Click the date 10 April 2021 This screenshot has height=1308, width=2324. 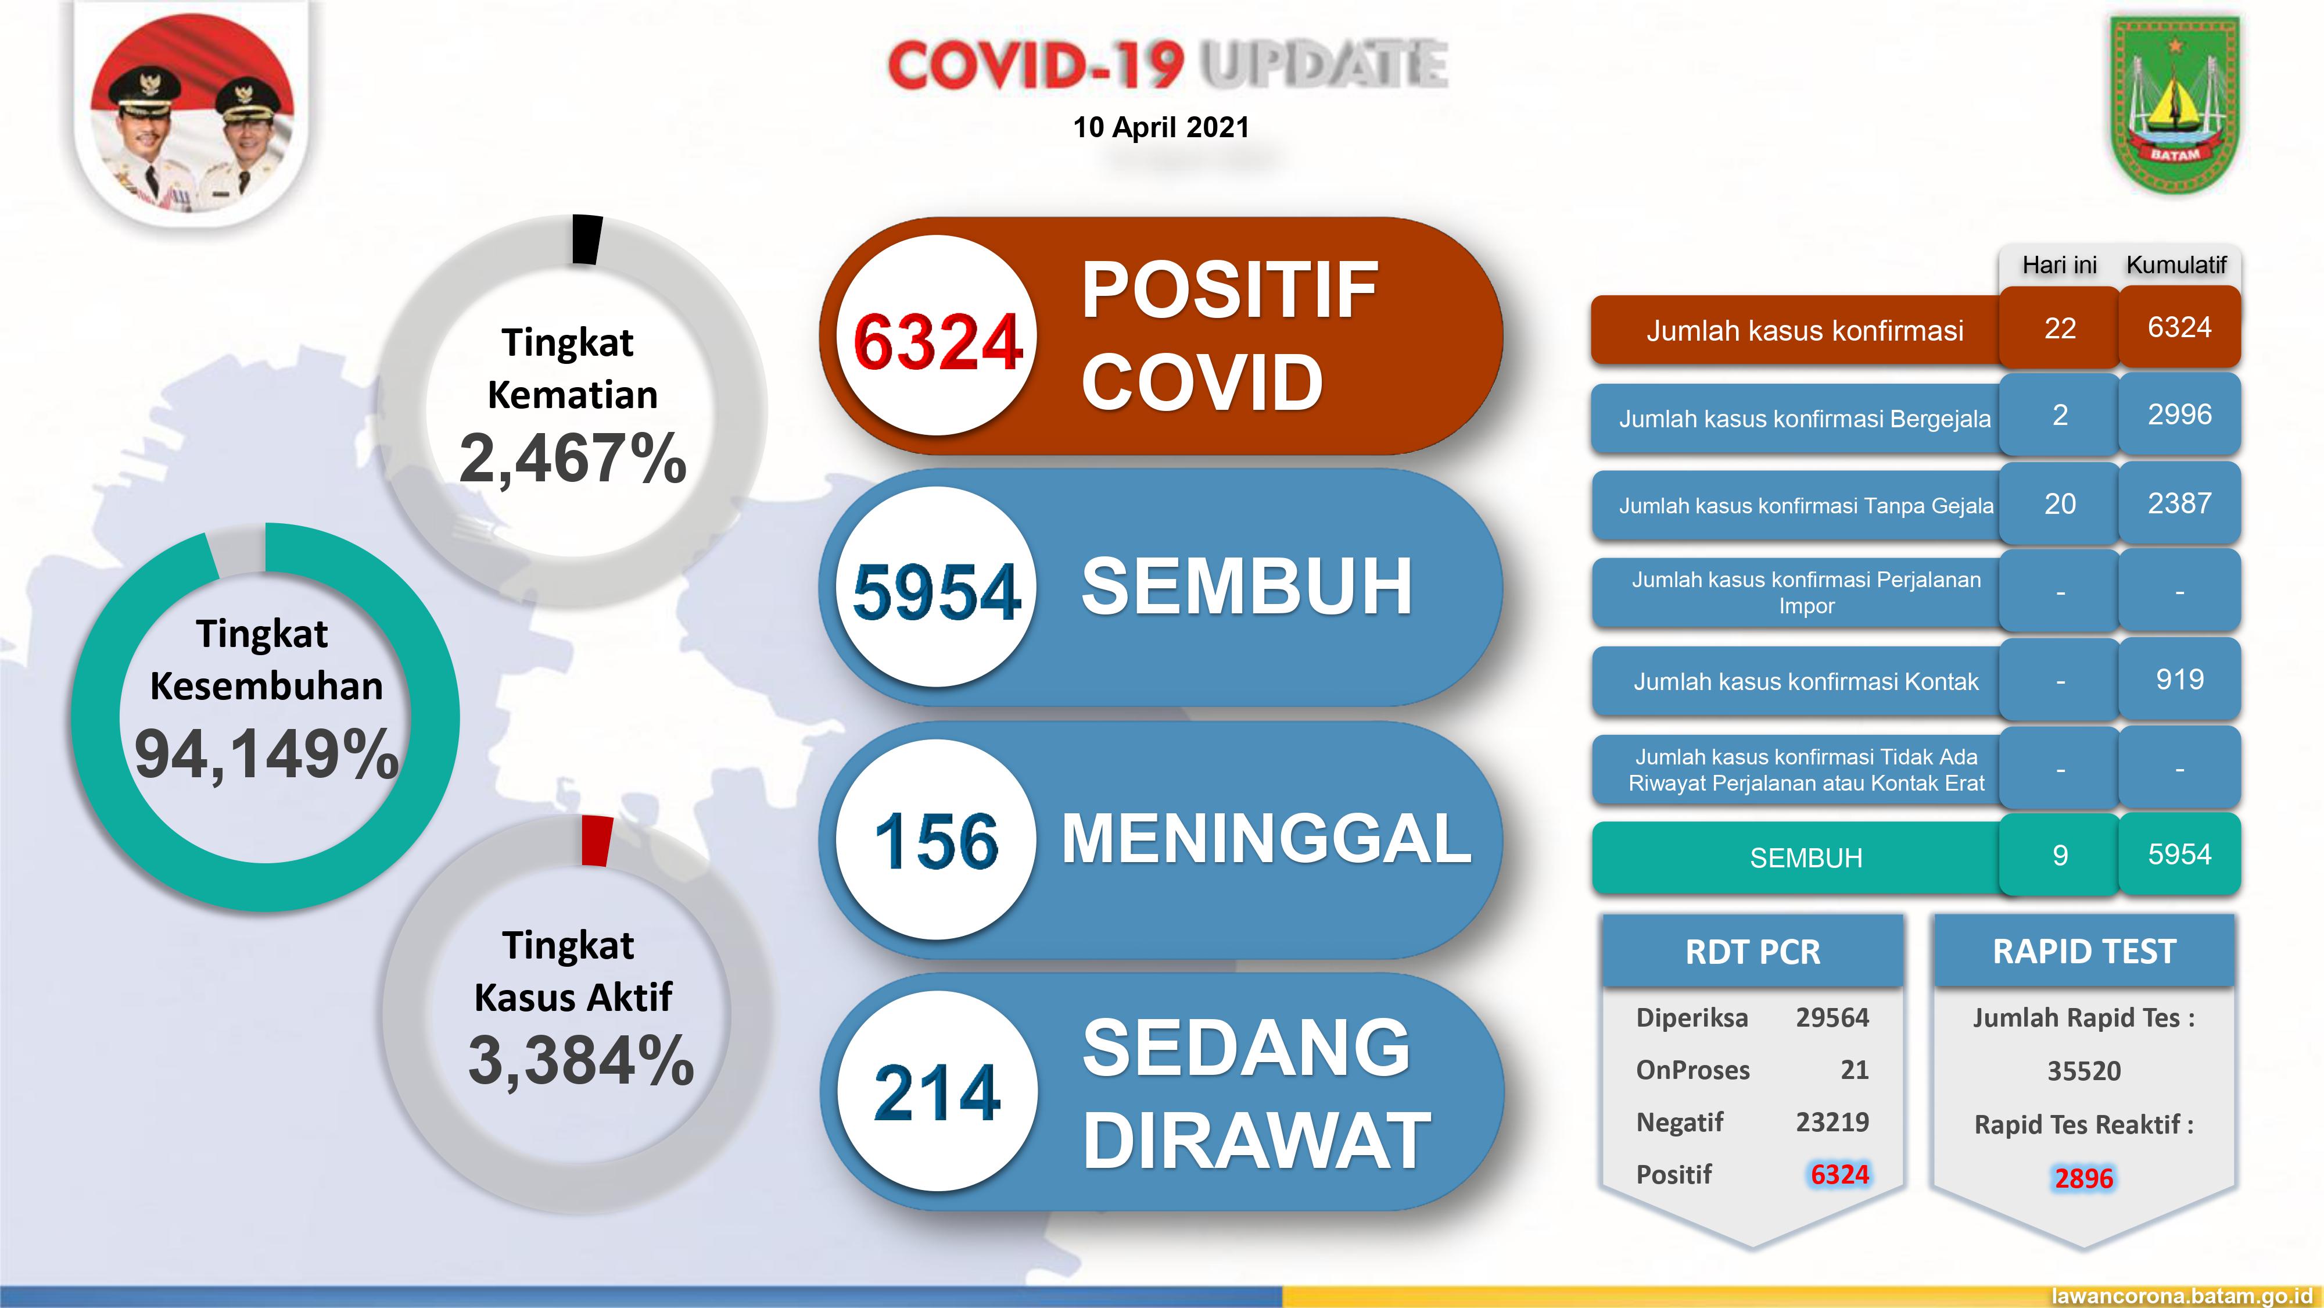[x=1160, y=127]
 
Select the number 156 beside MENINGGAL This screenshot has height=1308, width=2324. [x=937, y=841]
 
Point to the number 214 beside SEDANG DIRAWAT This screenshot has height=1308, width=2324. [x=937, y=1092]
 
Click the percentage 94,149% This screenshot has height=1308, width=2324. [x=266, y=754]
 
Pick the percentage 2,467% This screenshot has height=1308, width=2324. [x=573, y=459]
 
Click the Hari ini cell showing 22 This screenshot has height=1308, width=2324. [x=2060, y=328]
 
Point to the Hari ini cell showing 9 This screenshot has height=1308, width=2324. [x=2060, y=855]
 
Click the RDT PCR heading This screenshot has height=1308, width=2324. [x=1752, y=952]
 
